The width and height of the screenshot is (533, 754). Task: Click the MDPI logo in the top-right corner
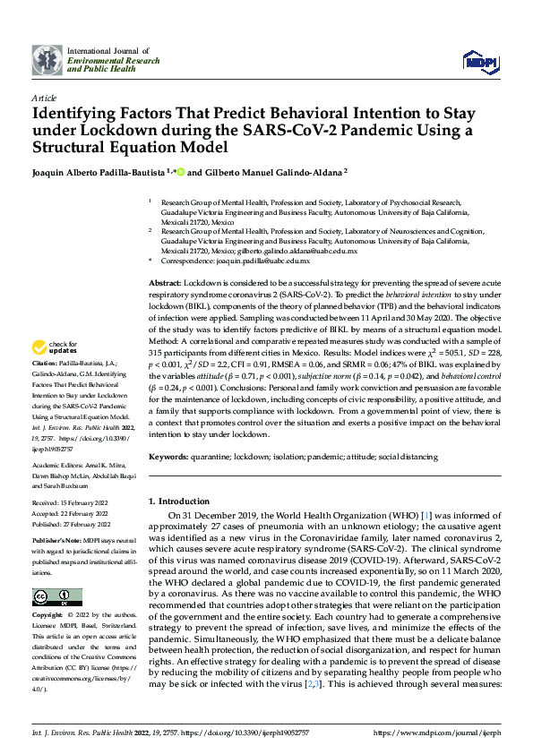pyautogui.click(x=479, y=60)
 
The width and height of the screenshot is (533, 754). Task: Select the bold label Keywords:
pyautogui.click(x=173, y=457)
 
